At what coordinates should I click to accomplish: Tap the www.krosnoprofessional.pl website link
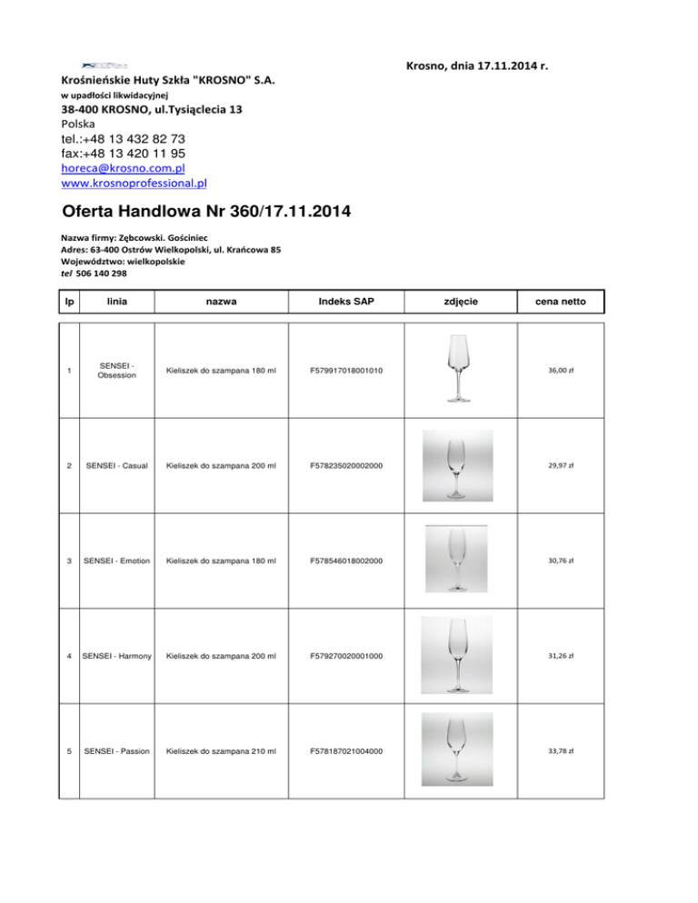[x=133, y=184]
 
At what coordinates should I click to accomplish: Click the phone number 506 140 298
[x=101, y=273]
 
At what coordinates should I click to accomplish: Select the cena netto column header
[x=560, y=302]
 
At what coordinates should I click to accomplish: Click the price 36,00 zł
[x=560, y=371]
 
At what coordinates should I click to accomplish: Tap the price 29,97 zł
[x=560, y=465]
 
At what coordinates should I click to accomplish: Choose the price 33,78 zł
[x=560, y=751]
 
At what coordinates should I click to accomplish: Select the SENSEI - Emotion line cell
[x=115, y=561]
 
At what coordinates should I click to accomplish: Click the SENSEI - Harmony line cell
[x=115, y=656]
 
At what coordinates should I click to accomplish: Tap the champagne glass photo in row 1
[x=461, y=367]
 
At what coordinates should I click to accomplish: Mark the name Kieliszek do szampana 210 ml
[x=221, y=751]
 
